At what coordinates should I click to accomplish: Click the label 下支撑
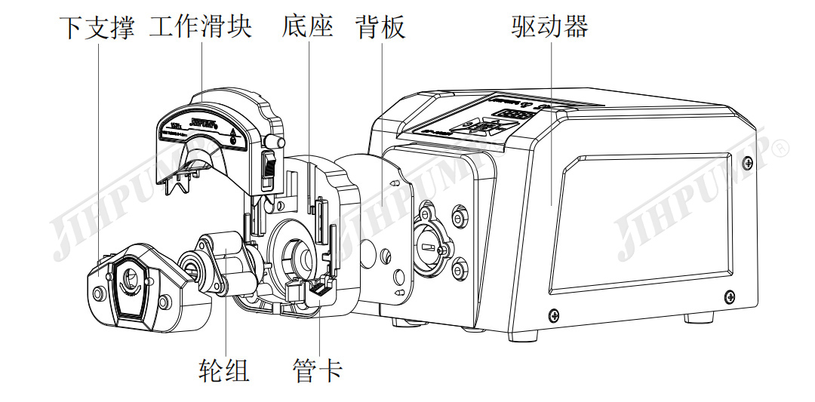click(97, 28)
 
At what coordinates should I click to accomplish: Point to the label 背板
click(380, 28)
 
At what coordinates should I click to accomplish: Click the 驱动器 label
click(549, 28)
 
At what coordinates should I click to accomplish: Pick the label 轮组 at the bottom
click(224, 370)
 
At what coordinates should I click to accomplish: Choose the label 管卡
click(317, 370)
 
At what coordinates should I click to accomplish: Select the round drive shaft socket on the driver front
click(428, 245)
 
